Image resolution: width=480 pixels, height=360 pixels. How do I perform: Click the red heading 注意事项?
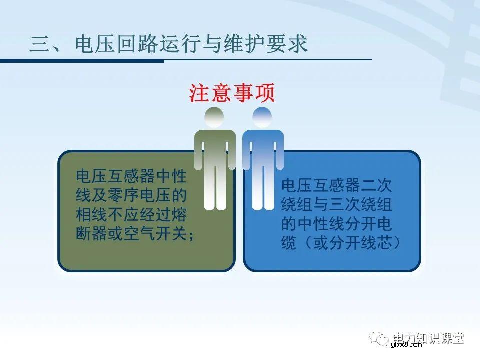232,92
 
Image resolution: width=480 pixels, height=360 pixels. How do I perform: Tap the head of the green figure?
214,118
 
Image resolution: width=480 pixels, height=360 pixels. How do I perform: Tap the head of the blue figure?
262,118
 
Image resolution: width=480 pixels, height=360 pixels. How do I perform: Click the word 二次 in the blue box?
378,186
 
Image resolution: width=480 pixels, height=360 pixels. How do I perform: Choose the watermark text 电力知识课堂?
429,338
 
